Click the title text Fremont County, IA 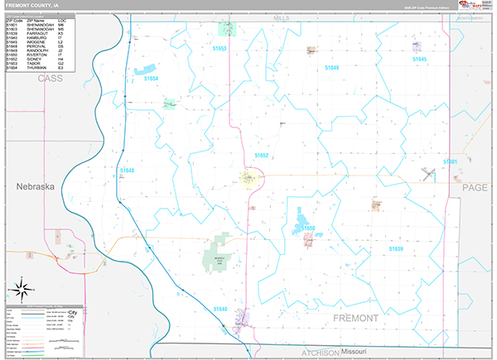coord(32,5)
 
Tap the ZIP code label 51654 coord(151,79)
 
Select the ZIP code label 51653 coord(220,49)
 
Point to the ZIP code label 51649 coord(331,68)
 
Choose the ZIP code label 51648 coord(127,170)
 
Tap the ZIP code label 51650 coord(307,228)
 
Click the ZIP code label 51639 coord(395,247)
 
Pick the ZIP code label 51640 coord(220,309)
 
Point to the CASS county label coord(50,78)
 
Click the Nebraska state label coord(35,187)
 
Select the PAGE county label coord(475,188)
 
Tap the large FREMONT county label coord(355,318)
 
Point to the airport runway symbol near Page coord(428,173)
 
